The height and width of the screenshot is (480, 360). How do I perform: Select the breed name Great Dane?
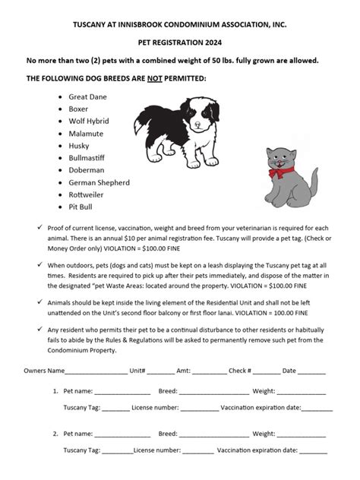pyautogui.click(x=87, y=97)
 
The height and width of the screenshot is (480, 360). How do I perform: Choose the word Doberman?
pyautogui.click(x=86, y=170)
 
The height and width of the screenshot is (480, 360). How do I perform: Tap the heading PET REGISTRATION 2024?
pyautogui.click(x=180, y=45)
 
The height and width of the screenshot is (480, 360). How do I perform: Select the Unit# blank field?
pyautogui.click(x=160, y=372)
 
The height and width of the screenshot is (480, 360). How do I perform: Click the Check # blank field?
pyautogui.click(x=266, y=372)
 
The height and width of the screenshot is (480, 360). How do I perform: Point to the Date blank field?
pyautogui.click(x=311, y=372)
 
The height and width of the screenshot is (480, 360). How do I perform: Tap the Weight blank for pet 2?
pyautogui.click(x=302, y=434)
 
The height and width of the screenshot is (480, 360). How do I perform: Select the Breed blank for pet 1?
pyautogui.click(x=213, y=392)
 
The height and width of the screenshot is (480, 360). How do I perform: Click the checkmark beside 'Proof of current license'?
pyautogui.click(x=39, y=229)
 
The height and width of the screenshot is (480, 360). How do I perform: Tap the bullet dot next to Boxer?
pyautogui.click(x=59, y=109)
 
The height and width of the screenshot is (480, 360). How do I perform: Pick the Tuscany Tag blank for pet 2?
pyautogui.click(x=117, y=451)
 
